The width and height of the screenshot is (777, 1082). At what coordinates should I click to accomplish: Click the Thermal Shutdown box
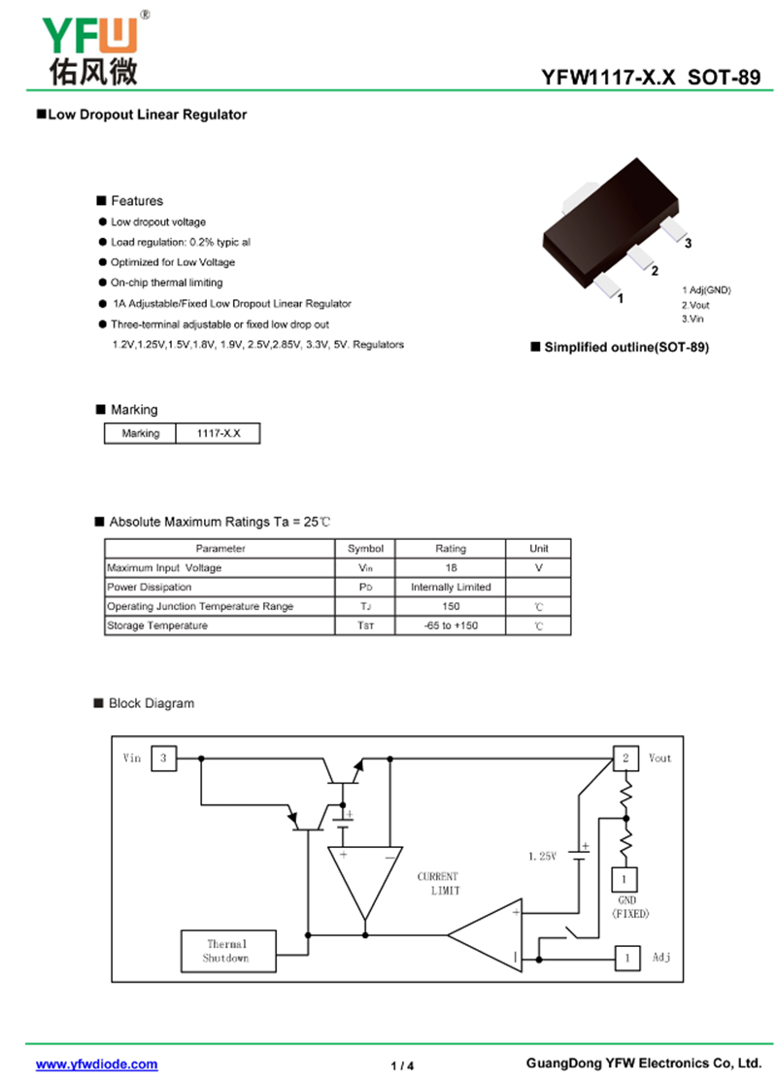(226, 951)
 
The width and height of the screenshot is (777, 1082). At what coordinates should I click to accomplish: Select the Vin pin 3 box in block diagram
(163, 758)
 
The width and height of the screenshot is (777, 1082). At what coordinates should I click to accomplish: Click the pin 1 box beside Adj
(627, 959)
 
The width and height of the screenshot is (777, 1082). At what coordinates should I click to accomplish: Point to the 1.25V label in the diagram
(542, 857)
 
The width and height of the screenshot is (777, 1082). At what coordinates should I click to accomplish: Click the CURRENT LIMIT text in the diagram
(438, 883)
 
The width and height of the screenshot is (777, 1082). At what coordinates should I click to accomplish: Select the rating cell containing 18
(451, 567)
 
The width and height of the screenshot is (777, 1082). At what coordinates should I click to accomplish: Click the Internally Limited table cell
(451, 587)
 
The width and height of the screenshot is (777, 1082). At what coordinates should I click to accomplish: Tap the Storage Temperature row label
(157, 626)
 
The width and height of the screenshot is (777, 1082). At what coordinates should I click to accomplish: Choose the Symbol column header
(365, 549)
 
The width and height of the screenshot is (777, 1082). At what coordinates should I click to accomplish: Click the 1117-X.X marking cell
(219, 433)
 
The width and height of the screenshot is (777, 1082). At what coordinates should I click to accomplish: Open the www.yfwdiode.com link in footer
(97, 1065)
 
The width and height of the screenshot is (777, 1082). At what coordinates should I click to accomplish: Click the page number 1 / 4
(402, 1065)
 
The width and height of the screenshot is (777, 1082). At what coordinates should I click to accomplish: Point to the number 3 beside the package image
(688, 244)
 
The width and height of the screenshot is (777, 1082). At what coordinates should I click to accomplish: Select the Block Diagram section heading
(151, 703)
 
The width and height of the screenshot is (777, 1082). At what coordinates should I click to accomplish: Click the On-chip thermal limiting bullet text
(166, 283)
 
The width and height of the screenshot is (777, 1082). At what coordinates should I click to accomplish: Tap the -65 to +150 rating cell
(451, 626)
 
